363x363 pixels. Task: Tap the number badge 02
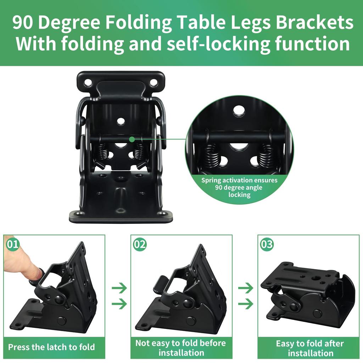tap(140, 244)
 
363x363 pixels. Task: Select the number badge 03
tap(267, 244)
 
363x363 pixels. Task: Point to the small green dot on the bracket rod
tap(132, 139)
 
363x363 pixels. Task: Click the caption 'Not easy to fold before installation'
tap(181, 348)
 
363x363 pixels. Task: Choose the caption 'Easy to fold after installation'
tap(310, 348)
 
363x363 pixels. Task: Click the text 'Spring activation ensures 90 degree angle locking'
tap(239, 187)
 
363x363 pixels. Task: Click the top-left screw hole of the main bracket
tap(88, 83)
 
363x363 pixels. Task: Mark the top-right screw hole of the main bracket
tap(153, 83)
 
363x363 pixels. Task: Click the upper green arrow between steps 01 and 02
tap(119, 288)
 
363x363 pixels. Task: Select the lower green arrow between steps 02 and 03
tap(246, 304)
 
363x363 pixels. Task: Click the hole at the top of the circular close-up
tap(239, 111)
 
